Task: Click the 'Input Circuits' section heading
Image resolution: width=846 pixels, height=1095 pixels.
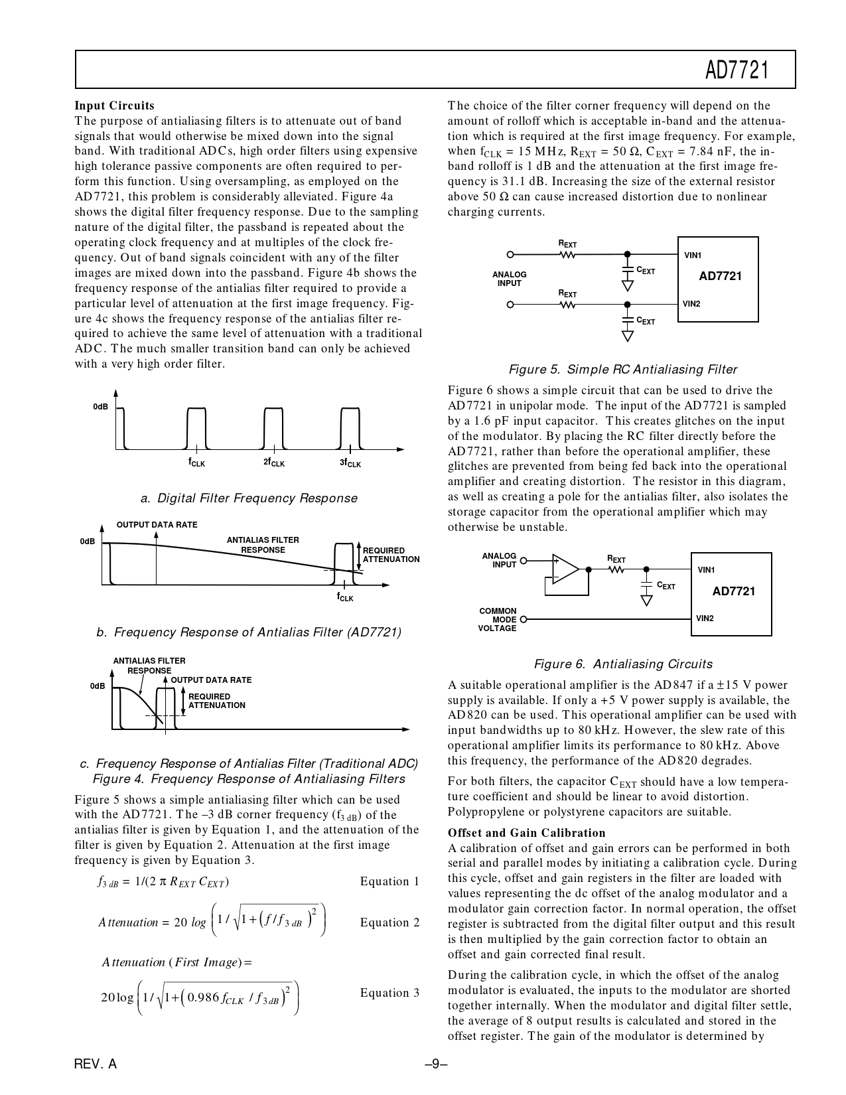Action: [114, 106]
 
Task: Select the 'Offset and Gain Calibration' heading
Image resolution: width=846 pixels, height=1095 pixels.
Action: [526, 833]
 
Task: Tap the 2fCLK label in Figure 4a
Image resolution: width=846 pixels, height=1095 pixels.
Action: [273, 463]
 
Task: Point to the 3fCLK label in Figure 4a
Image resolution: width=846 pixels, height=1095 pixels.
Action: [350, 463]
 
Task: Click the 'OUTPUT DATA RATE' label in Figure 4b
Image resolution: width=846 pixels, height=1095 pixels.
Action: [157, 525]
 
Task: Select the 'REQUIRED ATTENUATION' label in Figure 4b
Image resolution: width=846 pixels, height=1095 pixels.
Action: [391, 555]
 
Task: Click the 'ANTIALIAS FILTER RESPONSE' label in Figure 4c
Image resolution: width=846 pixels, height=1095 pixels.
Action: [149, 666]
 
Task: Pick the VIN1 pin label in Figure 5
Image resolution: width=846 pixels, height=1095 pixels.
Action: [693, 256]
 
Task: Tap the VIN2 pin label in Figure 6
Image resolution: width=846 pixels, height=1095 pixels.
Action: [705, 619]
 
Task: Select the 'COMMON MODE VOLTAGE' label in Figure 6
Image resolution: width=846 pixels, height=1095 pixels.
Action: [497, 620]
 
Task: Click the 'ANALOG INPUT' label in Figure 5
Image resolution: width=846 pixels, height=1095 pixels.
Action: [509, 279]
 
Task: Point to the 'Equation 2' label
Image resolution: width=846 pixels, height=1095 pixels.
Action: [389, 922]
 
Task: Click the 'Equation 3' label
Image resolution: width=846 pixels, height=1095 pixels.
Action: [389, 993]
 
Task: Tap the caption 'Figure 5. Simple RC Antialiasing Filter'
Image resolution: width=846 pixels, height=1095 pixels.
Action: [622, 370]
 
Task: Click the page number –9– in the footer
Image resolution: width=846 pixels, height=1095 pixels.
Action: [436, 1064]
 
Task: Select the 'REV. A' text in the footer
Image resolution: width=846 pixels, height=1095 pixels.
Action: [96, 1064]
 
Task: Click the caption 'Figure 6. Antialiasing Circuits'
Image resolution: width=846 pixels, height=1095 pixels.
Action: [623, 664]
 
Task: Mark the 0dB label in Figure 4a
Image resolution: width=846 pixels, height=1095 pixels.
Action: [100, 406]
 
